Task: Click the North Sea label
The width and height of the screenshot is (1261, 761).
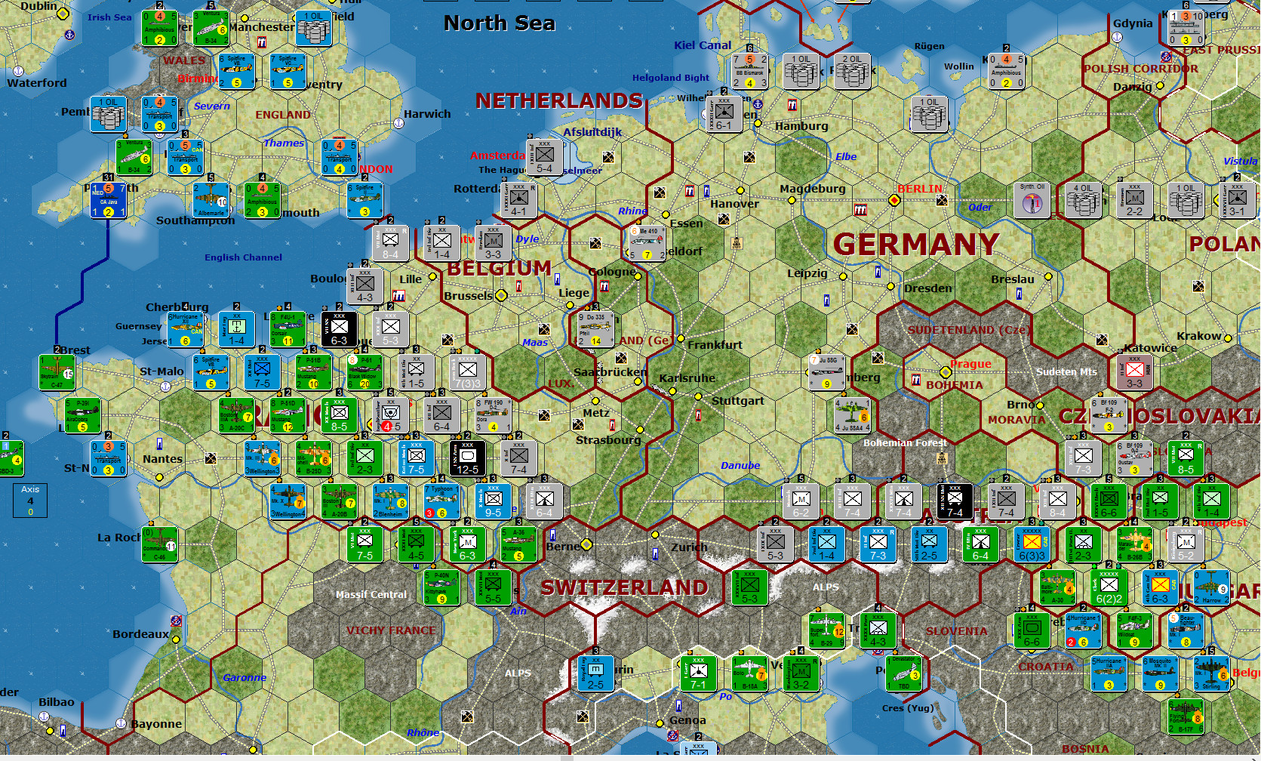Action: click(499, 23)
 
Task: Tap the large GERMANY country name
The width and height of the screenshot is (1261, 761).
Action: click(916, 245)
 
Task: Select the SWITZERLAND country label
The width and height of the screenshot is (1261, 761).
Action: click(624, 587)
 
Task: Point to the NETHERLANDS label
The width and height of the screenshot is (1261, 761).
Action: click(558, 100)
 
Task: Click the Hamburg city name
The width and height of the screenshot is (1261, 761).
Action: click(801, 126)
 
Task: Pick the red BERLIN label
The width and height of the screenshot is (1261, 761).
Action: click(919, 189)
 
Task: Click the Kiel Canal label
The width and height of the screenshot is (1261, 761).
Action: click(703, 45)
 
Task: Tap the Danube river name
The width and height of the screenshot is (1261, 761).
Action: click(740, 465)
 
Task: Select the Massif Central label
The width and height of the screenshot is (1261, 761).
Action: click(371, 594)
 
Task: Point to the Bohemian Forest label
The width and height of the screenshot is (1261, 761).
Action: click(905, 442)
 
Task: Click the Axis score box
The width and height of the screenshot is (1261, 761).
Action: click(30, 500)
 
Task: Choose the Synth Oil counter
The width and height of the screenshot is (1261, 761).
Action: click(1032, 200)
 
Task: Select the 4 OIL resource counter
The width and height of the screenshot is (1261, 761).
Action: click(1083, 200)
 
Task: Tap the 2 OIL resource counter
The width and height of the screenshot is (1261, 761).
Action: click(852, 71)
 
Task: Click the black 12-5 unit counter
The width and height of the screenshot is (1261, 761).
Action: click(467, 458)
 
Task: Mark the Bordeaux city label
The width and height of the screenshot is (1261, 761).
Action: click(140, 634)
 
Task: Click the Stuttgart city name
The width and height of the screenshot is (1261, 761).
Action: click(737, 401)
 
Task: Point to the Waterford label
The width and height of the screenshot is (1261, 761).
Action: click(37, 83)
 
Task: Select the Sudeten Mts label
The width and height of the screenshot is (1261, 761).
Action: click(1066, 371)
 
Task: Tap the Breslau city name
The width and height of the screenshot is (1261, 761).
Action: click(1012, 279)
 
